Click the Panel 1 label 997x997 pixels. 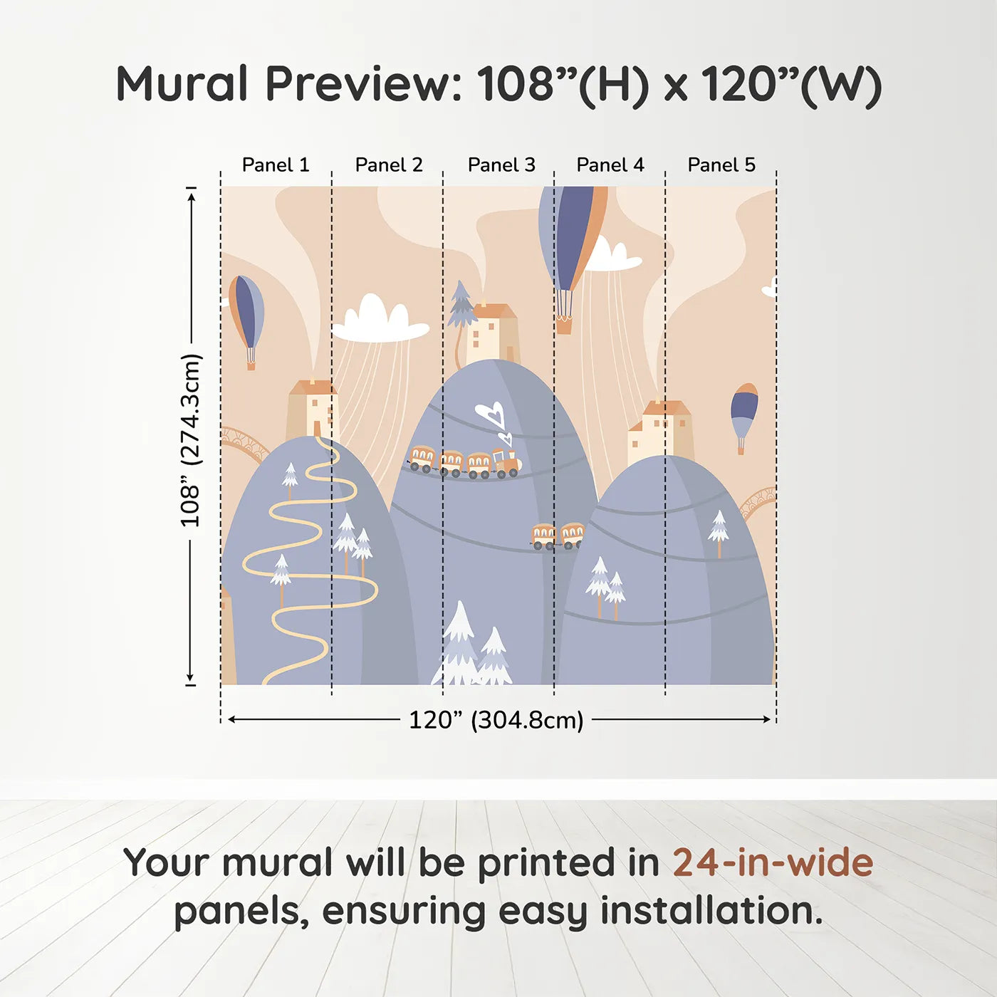coord(276,165)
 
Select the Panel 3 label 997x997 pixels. coord(501,165)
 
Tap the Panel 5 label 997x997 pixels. coord(721,165)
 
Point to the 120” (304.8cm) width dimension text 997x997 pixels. coord(496,720)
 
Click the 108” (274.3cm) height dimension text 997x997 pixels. coord(190,441)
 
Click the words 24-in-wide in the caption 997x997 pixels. coord(773,862)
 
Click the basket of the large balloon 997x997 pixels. coord(565,326)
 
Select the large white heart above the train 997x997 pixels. coord(489,414)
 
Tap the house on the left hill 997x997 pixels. coord(313,409)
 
